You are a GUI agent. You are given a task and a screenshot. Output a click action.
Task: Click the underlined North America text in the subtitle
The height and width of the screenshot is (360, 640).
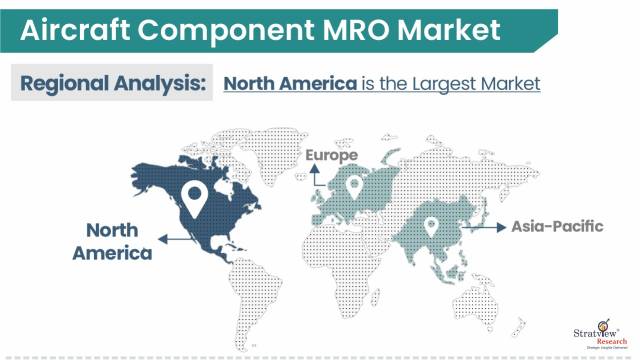[290, 84]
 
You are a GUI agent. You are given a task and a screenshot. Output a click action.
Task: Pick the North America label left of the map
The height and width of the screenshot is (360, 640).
[112, 241]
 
